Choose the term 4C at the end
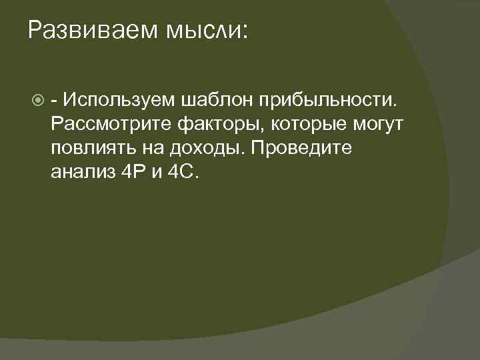(185, 172)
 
